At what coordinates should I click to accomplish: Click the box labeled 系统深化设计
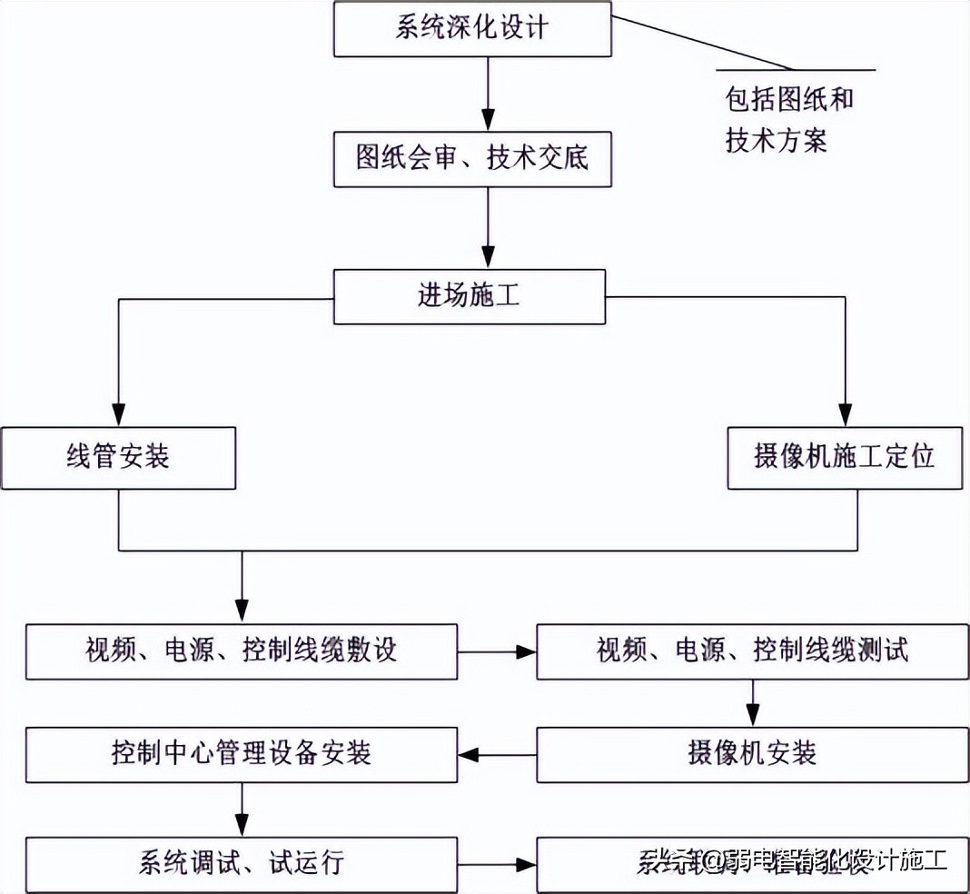(x=471, y=27)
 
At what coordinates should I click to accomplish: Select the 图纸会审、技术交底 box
(x=471, y=159)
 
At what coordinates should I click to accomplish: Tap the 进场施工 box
(x=469, y=296)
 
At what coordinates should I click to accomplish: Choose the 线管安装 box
(x=118, y=457)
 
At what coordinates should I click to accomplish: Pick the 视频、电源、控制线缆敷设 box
(x=242, y=651)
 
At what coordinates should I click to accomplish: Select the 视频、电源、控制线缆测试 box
(x=753, y=651)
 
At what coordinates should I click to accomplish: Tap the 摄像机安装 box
(x=753, y=754)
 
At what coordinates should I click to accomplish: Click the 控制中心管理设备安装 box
(x=242, y=754)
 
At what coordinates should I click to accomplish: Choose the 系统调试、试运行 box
(x=242, y=862)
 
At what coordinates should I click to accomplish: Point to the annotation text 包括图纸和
(x=788, y=99)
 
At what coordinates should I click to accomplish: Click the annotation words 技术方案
(x=777, y=141)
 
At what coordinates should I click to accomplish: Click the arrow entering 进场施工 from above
(x=489, y=228)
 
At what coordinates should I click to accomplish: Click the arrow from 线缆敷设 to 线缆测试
(x=497, y=651)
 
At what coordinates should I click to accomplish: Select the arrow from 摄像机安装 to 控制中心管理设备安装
(x=497, y=754)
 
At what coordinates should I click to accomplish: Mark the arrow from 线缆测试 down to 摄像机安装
(x=753, y=704)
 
